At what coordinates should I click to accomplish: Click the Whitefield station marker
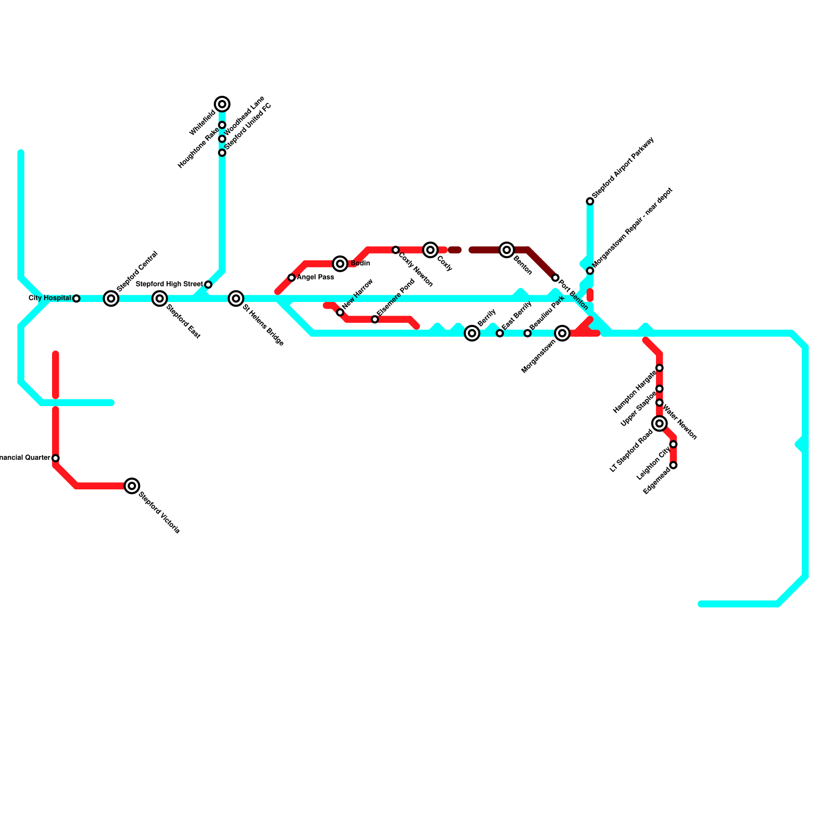click(x=222, y=104)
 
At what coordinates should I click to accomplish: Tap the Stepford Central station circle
click(x=111, y=298)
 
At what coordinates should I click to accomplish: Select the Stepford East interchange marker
click(x=160, y=298)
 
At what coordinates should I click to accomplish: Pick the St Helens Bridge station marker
click(x=236, y=298)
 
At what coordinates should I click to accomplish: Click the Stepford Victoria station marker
click(x=132, y=486)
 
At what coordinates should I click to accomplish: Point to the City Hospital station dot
click(x=77, y=298)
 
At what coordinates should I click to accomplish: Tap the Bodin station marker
click(x=340, y=263)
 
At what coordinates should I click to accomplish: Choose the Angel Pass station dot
click(x=292, y=277)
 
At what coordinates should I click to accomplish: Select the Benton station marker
click(x=507, y=250)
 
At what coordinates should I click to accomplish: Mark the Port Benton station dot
click(x=556, y=277)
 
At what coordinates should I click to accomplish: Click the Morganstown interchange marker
click(x=562, y=333)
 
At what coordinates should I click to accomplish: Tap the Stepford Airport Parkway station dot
click(x=590, y=201)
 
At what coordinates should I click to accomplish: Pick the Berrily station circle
click(x=472, y=333)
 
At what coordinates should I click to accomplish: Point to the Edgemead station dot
click(x=674, y=465)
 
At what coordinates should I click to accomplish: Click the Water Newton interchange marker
click(x=660, y=423)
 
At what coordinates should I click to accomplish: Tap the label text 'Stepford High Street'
click(x=169, y=284)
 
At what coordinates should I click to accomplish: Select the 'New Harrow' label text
click(x=358, y=294)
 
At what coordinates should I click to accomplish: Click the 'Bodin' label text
click(x=360, y=263)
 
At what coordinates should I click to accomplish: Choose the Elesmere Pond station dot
click(x=375, y=319)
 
